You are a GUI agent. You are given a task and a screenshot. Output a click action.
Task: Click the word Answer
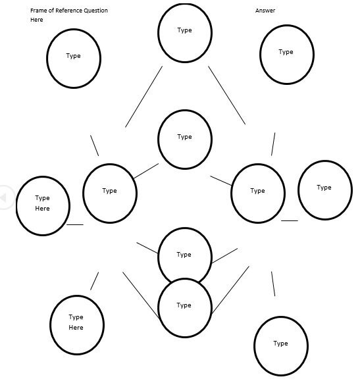[x=265, y=11]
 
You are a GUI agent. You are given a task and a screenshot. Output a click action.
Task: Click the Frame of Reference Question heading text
[x=69, y=11]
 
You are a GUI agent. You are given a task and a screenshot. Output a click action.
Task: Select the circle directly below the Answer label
[x=286, y=55]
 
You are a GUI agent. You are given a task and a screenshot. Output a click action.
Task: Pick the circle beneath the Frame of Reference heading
[x=74, y=58]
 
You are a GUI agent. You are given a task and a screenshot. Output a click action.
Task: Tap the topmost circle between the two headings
[x=185, y=32]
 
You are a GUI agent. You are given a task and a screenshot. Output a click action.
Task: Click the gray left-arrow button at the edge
[x=5, y=196]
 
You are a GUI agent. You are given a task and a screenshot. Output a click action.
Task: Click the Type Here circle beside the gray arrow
[x=43, y=205]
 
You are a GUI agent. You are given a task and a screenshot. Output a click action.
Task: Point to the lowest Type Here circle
[x=76, y=324]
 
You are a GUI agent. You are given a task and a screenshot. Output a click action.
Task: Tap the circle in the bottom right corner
[x=281, y=345]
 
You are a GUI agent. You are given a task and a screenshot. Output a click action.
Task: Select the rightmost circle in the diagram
[x=324, y=190]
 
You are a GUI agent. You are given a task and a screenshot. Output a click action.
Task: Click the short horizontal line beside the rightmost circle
[x=290, y=220]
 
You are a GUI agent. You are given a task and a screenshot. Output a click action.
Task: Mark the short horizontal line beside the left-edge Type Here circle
[x=75, y=224]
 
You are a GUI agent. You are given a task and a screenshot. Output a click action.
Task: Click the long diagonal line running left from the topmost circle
[x=143, y=97]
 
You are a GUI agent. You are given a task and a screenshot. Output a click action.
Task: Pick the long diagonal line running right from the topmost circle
[x=226, y=95]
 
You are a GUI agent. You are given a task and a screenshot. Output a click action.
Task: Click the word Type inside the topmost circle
[x=185, y=30]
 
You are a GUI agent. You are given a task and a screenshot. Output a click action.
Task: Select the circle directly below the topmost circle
[x=185, y=139]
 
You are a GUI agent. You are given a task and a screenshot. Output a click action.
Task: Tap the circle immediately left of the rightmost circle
[x=258, y=192]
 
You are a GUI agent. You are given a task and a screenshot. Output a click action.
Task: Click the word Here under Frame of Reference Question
[x=36, y=20]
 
